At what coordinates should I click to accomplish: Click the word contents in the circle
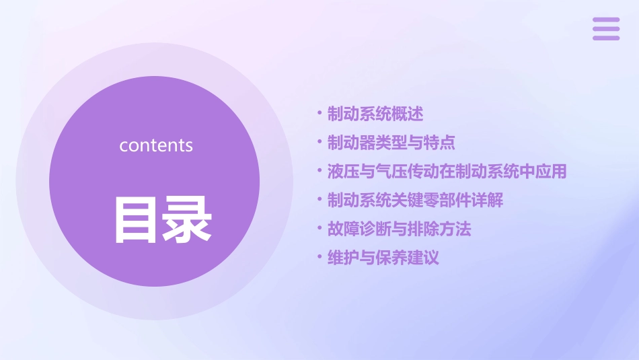tap(156, 145)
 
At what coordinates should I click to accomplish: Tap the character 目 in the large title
tap(138, 219)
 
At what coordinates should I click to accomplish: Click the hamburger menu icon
tap(605, 29)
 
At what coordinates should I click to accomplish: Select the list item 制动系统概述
tap(375, 114)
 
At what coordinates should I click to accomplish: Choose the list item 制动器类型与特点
tap(391, 143)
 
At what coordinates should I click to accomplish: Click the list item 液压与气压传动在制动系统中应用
tap(447, 172)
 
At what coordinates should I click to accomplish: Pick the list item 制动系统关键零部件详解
tap(415, 201)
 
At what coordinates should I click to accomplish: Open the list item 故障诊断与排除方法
tap(399, 229)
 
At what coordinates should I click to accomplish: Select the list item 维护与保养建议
tap(383, 258)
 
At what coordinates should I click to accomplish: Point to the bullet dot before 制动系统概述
tap(319, 114)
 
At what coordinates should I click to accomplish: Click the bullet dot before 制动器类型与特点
tap(319, 143)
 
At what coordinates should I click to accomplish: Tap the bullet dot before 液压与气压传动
tap(319, 172)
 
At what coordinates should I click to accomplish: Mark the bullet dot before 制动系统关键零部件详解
tap(319, 201)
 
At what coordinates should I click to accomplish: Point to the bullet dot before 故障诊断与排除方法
tap(319, 229)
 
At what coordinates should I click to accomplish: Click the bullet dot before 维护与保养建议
tap(319, 258)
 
